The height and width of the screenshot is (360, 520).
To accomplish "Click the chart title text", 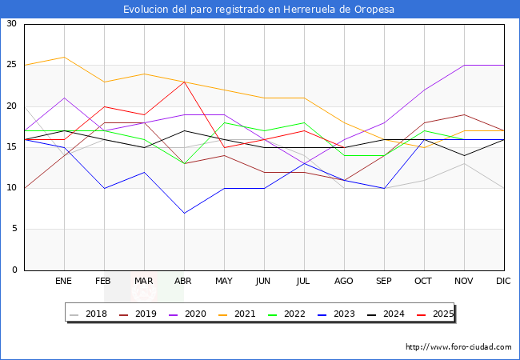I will tap(259, 10).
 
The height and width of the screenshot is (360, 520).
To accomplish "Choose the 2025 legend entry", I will tap(438, 314).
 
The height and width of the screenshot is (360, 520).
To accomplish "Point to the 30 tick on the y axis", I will tap(11, 24).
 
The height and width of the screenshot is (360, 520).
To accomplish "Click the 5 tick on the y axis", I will tap(14, 230).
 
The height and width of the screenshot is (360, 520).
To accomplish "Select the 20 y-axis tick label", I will tap(11, 106).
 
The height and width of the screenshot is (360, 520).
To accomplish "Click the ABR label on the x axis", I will tap(184, 282).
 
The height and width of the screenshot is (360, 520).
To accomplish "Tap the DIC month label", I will tap(504, 282).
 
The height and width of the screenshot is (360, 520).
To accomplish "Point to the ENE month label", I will tap(64, 282).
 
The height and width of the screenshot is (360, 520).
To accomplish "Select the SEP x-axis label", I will tap(384, 282).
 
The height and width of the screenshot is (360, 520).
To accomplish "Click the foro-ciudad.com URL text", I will tap(458, 347).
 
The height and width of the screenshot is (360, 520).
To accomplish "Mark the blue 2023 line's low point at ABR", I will tap(184, 213).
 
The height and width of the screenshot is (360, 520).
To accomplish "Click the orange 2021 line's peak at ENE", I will tap(64, 57).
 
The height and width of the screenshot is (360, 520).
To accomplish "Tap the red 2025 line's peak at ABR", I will tap(184, 82).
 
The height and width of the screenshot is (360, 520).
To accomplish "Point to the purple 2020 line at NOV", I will tap(464, 66).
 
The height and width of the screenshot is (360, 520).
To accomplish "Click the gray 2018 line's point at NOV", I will tap(464, 164).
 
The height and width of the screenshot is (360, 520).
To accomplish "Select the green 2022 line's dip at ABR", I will tap(184, 164).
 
